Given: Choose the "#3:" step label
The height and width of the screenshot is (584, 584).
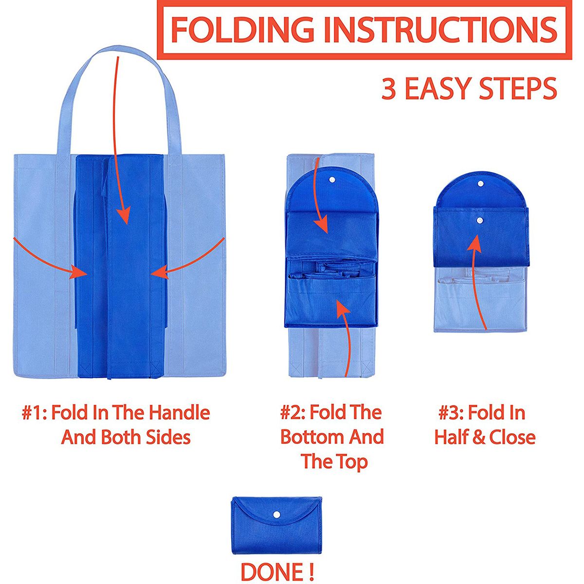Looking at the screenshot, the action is point(451,413).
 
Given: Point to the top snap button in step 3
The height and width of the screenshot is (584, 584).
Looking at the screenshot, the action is point(480,183).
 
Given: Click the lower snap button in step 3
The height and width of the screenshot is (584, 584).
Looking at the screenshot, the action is point(480,220).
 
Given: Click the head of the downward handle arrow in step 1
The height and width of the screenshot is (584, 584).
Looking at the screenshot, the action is point(123,214).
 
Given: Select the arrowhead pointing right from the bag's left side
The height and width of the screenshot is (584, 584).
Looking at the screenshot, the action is point(79,272).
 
